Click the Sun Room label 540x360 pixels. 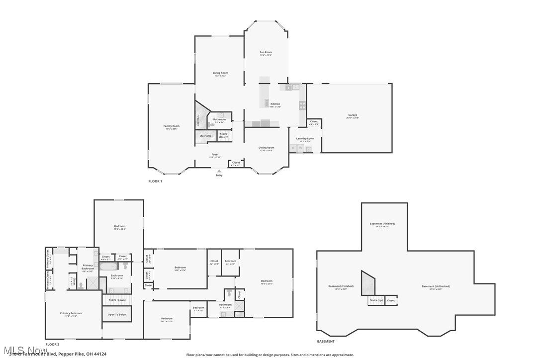pyautogui.click(x=266, y=53)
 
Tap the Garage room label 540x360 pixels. pyautogui.click(x=352, y=116)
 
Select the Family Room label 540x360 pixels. pyautogui.click(x=172, y=127)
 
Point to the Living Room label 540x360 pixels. pyautogui.click(x=220, y=74)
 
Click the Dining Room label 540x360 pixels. pyautogui.click(x=266, y=148)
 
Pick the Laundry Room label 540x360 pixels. pyautogui.click(x=305, y=139)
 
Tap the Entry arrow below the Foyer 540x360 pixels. pyautogui.click(x=219, y=171)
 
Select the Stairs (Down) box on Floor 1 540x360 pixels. pyautogui.click(x=224, y=135)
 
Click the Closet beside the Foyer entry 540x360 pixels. pyautogui.click(x=236, y=163)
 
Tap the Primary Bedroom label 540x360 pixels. pyautogui.click(x=71, y=314)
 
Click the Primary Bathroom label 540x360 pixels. pyautogui.click(x=88, y=267)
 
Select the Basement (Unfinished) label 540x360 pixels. pyautogui.click(x=436, y=287)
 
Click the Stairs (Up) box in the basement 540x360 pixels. pyautogui.click(x=376, y=300)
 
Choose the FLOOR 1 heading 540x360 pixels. pyautogui.click(x=155, y=181)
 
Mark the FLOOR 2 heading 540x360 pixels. pyautogui.click(x=52, y=344)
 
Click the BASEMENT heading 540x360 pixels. pyautogui.click(x=326, y=342)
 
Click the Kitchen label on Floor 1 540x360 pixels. pyautogui.click(x=275, y=105)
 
